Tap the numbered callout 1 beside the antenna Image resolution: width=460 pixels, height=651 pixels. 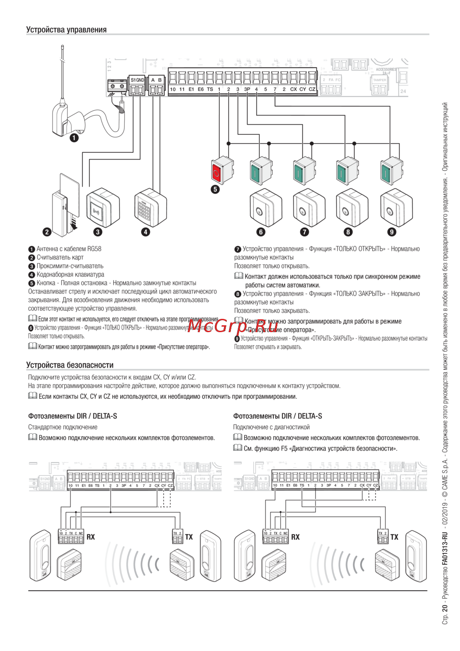click(x=74, y=137)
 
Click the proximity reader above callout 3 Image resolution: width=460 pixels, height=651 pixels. click(x=102, y=208)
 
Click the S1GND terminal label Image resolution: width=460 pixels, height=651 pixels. click(x=137, y=80)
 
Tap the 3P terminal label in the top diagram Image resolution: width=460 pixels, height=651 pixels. click(x=247, y=89)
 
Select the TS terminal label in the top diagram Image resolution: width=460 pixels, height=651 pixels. click(x=210, y=89)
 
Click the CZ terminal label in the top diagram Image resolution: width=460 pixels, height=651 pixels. click(x=312, y=89)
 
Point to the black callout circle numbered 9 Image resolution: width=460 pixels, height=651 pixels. click(x=391, y=232)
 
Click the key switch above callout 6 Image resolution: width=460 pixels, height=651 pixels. click(x=264, y=209)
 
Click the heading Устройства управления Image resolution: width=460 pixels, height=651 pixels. click(x=66, y=29)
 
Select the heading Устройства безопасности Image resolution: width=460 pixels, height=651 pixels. click(x=69, y=365)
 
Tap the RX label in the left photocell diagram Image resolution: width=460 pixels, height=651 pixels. click(x=91, y=537)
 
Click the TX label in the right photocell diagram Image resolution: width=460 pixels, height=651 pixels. click(x=394, y=537)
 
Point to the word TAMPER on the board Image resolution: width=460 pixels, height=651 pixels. click(x=379, y=80)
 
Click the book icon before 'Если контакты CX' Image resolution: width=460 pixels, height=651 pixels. click(x=33, y=396)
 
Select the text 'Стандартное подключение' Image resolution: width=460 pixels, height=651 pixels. click(x=63, y=427)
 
